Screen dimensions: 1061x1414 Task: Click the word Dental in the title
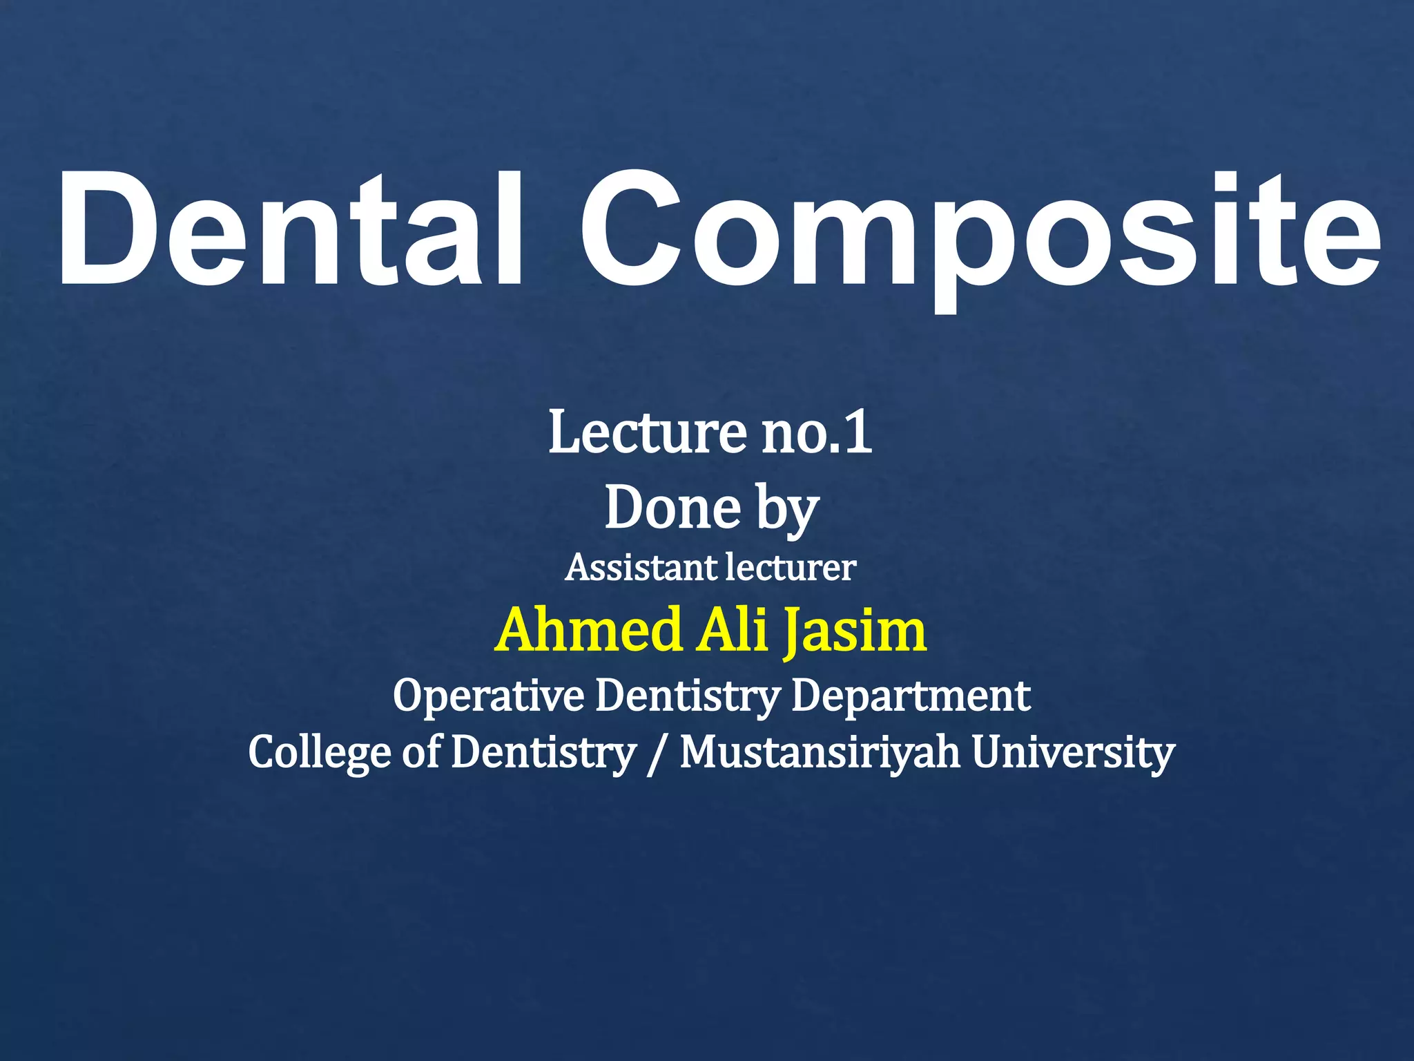point(290,229)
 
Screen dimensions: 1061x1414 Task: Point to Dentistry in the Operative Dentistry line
point(687,696)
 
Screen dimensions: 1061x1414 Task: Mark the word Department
point(911,696)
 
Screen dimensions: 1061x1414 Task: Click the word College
point(320,753)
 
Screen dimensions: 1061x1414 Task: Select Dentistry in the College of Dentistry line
point(543,753)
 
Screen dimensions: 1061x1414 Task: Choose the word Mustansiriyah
point(820,753)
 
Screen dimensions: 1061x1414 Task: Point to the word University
point(1073,753)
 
